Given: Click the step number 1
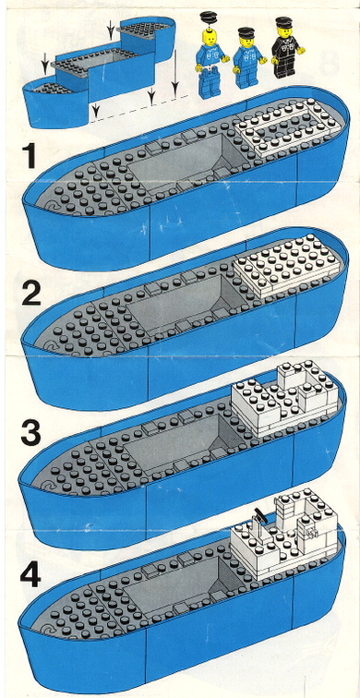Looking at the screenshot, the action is click(30, 156).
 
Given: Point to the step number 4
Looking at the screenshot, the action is click(30, 572).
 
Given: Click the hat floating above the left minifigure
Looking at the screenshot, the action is click(208, 18).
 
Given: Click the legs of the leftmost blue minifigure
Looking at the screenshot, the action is click(210, 84).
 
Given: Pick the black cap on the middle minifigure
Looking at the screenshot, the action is click(246, 32).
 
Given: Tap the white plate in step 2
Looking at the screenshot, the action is click(286, 266).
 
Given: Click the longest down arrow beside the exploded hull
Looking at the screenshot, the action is click(175, 73).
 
